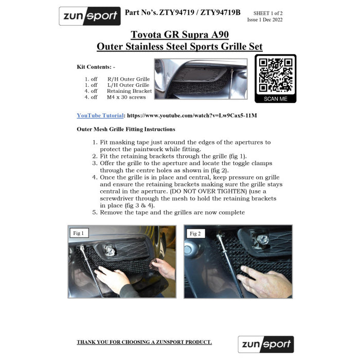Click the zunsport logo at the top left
pyautogui.click(x=90, y=16)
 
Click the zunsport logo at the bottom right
pyautogui.click(x=266, y=344)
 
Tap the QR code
pyautogui.click(x=276, y=75)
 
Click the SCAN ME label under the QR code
pyautogui.click(x=276, y=99)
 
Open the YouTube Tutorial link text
pyautogui.click(x=100, y=116)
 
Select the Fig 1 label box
pyautogui.click(x=79, y=233)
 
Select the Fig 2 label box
pyautogui.click(x=195, y=233)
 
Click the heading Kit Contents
pyautogui.click(x=96, y=67)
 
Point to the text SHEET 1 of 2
pyautogui.click(x=268, y=13)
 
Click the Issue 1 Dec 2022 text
pyautogui.click(x=265, y=20)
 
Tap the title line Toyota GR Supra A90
pyautogui.click(x=180, y=34)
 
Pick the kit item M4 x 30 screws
pyautogui.click(x=127, y=97)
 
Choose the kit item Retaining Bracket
pyautogui.click(x=129, y=91)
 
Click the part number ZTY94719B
pyautogui.click(x=221, y=12)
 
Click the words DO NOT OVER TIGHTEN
pyautogui.click(x=209, y=191)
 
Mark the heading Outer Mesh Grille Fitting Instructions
pyautogui.click(x=126, y=129)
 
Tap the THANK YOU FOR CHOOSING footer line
pyautogui.click(x=144, y=342)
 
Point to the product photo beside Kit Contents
pyautogui.click(x=201, y=79)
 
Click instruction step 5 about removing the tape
pyautogui.click(x=169, y=212)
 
